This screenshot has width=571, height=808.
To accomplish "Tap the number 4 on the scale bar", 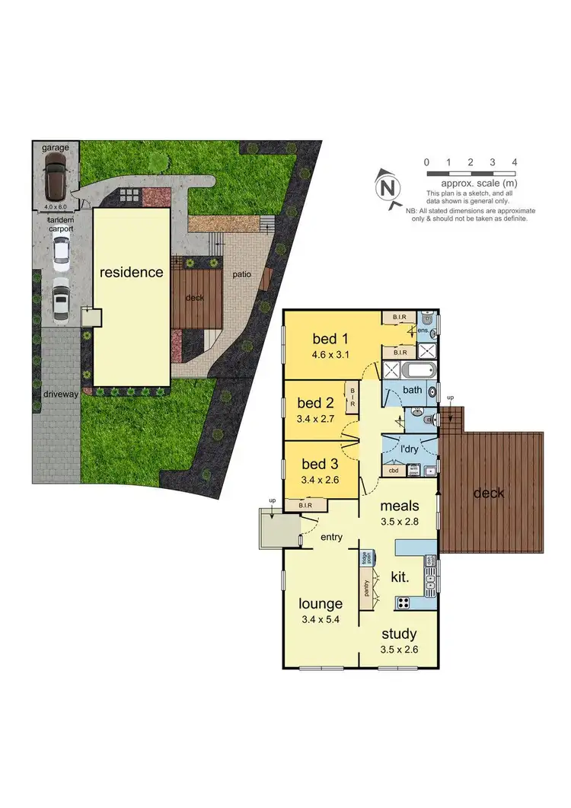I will click(515, 162).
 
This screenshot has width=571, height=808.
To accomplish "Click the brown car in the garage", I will click(56, 176).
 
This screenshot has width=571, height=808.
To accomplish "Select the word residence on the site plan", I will click(131, 271).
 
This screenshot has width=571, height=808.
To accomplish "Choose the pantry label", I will click(368, 589).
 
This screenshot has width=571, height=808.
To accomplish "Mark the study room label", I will click(399, 634).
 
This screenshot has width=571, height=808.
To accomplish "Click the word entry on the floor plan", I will click(331, 537).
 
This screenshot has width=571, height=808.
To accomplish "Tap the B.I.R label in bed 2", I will click(352, 394).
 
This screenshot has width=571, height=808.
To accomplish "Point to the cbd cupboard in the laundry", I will click(394, 470).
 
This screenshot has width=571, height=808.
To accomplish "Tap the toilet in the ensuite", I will click(431, 324).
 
